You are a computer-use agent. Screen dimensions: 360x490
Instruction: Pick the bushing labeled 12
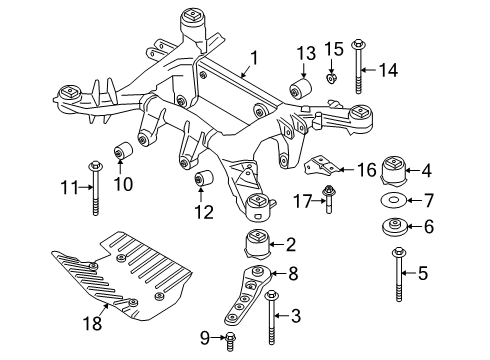click(x=208, y=180)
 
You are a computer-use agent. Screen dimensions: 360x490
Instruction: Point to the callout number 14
click(x=387, y=69)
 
